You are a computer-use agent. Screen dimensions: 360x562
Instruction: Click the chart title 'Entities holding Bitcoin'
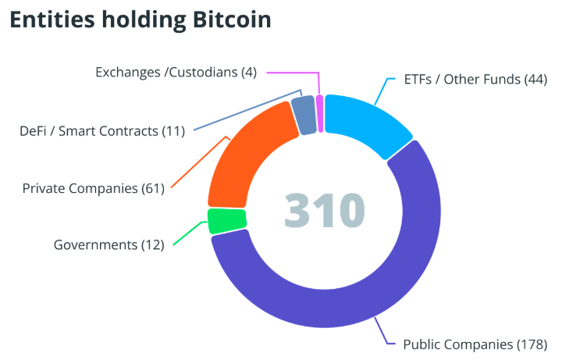click(x=140, y=20)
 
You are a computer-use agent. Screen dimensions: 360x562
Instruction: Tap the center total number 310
click(x=325, y=209)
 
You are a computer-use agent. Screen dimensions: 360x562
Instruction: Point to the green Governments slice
click(x=227, y=220)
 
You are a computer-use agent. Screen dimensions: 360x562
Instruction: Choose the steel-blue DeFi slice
click(x=304, y=115)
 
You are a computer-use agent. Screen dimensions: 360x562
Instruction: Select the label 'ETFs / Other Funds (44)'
click(x=475, y=80)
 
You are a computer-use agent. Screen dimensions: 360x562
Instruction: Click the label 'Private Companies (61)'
click(x=93, y=188)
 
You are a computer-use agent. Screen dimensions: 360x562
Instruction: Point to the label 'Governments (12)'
click(x=108, y=244)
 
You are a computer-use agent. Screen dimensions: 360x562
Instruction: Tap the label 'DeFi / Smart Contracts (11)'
click(x=101, y=130)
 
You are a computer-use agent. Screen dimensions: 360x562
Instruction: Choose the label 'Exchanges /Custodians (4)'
click(x=176, y=72)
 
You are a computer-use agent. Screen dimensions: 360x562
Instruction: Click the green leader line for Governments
click(x=187, y=234)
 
